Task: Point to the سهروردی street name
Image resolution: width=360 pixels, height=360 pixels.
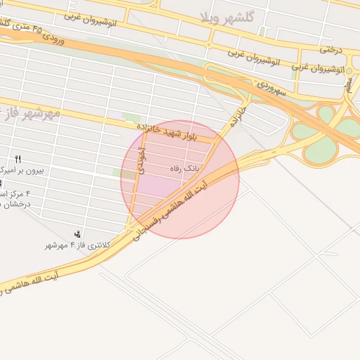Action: tap(271, 89)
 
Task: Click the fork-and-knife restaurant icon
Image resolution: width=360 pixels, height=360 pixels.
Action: tap(18, 159)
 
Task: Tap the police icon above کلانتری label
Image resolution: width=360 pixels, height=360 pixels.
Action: tap(77, 233)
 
